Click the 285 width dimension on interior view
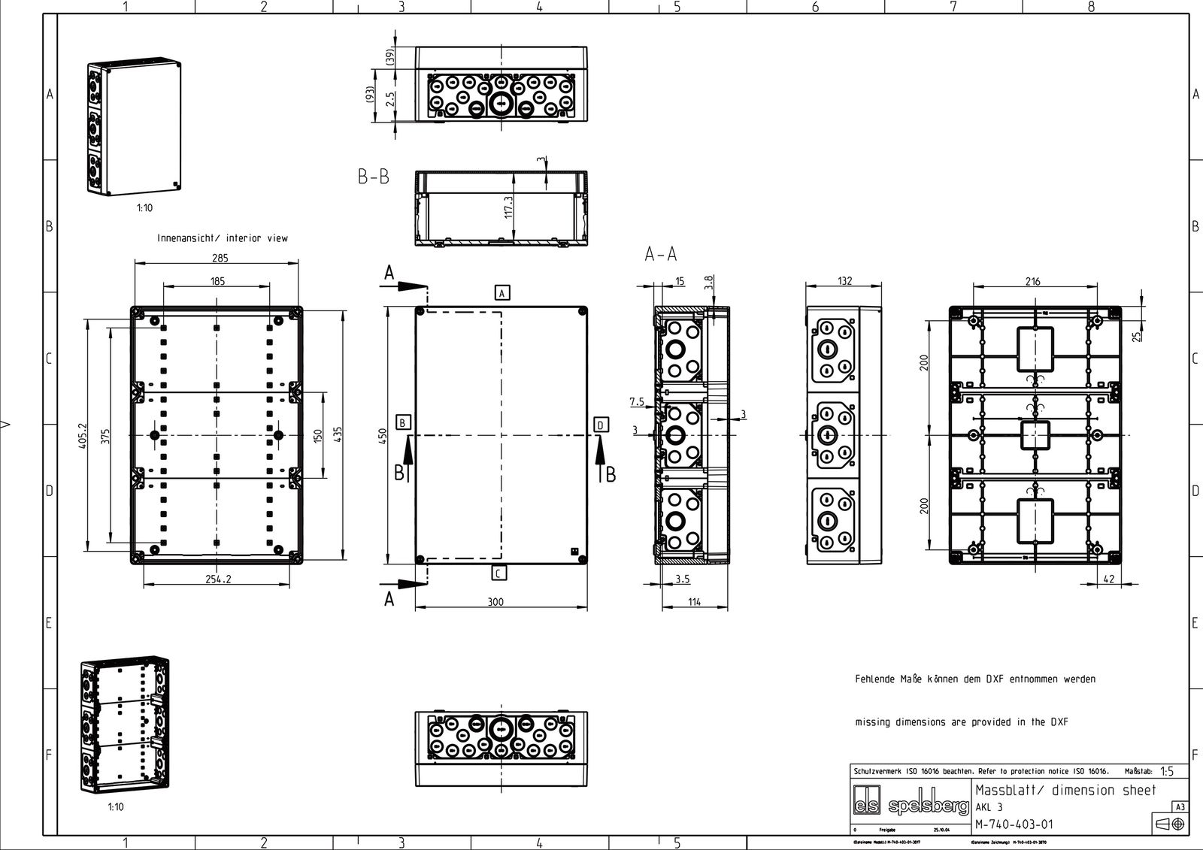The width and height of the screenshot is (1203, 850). point(220,258)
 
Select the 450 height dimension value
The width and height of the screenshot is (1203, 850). point(381,435)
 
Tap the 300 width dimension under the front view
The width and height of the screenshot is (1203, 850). point(495,601)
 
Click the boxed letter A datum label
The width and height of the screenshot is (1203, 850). point(502,293)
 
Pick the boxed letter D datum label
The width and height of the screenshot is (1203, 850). point(601,425)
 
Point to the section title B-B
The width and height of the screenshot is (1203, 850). point(374,177)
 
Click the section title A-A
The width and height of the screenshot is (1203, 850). point(660,256)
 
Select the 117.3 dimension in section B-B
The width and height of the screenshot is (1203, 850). point(508,207)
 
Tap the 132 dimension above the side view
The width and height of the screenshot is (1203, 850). point(844,281)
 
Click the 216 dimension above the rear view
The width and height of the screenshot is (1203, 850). point(1032,281)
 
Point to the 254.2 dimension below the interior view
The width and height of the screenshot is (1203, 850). point(217,579)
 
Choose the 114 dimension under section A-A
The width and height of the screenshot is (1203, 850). point(693,601)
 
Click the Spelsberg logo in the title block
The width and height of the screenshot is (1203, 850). point(911,806)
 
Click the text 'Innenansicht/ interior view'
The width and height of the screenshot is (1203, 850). point(223,238)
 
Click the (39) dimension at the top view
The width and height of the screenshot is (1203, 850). point(390,57)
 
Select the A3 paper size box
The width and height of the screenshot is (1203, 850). point(1180,807)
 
